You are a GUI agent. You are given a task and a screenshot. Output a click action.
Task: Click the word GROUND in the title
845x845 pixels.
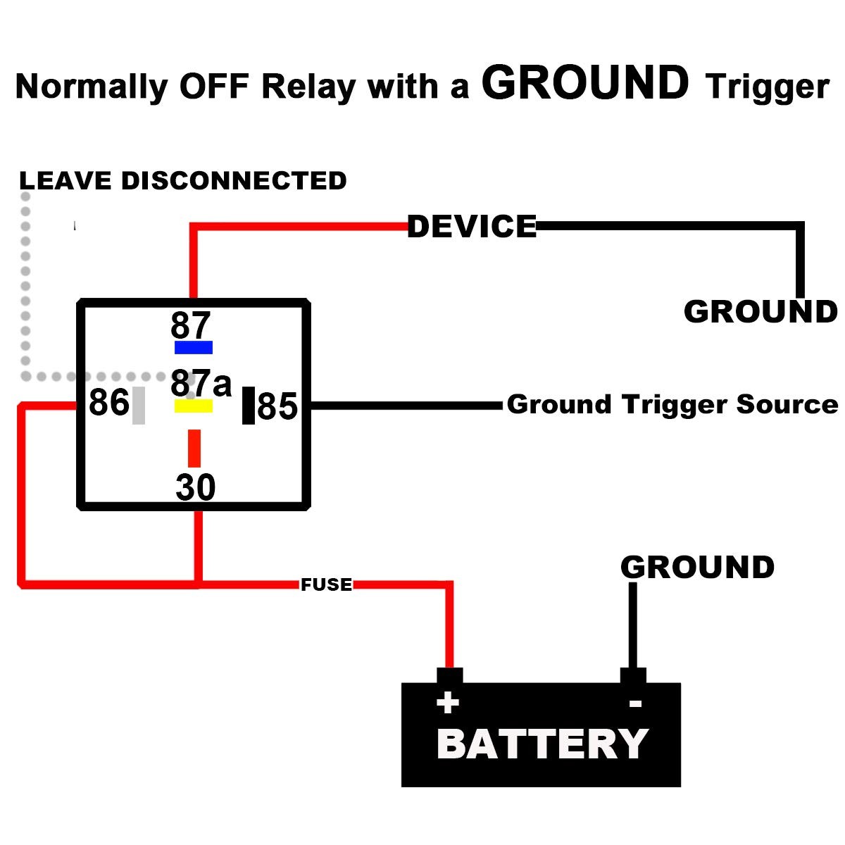click(585, 83)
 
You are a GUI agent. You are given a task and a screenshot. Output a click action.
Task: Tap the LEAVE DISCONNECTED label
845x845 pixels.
click(183, 181)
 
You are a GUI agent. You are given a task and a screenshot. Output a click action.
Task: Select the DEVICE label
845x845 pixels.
click(472, 227)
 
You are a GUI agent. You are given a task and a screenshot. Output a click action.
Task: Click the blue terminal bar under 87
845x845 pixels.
click(194, 347)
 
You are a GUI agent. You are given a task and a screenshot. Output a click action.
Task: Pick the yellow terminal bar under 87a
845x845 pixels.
click(194, 406)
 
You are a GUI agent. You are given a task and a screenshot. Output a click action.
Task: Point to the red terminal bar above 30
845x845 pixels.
click(194, 449)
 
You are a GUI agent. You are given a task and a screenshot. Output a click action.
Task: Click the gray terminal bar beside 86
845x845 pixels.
click(139, 405)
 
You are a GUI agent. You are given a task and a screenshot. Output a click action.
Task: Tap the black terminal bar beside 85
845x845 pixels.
click(248, 406)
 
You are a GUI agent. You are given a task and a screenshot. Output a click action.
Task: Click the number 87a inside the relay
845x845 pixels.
click(201, 384)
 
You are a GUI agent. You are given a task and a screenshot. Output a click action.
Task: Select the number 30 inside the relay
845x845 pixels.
click(195, 487)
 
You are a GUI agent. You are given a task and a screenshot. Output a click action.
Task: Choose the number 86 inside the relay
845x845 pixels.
click(109, 403)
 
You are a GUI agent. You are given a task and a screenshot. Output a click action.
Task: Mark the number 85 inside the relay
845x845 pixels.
click(277, 407)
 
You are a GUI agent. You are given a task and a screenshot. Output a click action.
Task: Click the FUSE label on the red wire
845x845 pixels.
click(326, 584)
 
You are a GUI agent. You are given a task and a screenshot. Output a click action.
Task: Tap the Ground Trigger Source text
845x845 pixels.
click(672, 404)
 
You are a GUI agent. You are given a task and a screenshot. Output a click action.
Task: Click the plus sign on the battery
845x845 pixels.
click(448, 703)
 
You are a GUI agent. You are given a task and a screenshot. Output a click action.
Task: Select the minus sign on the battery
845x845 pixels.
click(635, 703)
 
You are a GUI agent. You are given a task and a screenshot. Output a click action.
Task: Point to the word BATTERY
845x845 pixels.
click(542, 744)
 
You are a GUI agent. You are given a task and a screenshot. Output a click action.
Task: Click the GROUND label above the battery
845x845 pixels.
click(697, 568)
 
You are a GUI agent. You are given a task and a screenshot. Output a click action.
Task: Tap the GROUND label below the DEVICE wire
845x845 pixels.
click(760, 312)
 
